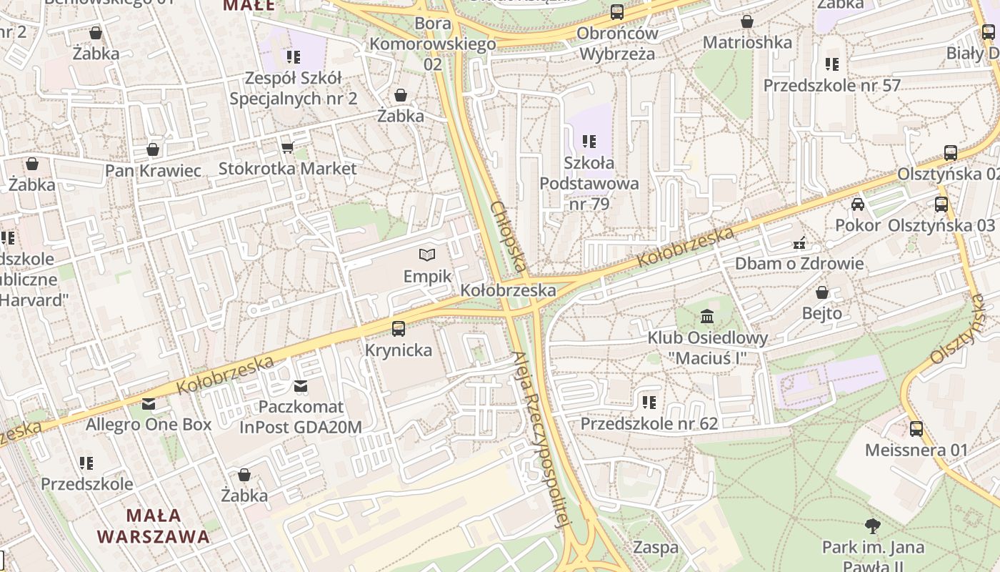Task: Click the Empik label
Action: pos(427,276)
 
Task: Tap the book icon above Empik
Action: pos(427,255)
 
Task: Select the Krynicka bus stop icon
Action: pos(399,329)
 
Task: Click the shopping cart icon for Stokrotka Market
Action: pos(287,147)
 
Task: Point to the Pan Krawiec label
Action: pos(153,170)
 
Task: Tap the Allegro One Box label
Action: pos(149,424)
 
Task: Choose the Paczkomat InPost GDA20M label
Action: pos(300,417)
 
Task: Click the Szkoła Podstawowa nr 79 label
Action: pos(589,184)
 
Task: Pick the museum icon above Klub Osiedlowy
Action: pos(707,316)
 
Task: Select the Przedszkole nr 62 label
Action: pos(649,423)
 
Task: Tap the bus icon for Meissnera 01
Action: pos(916,429)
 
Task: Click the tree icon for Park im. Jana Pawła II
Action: pos(872,527)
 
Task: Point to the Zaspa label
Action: pos(656,548)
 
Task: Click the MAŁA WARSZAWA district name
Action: pos(154,526)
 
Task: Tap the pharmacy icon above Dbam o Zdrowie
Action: pos(799,243)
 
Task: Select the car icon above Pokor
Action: pos(858,204)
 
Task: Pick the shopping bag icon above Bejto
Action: pos(822,292)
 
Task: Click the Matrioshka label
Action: pos(747,42)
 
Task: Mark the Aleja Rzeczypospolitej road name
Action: pos(543,439)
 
